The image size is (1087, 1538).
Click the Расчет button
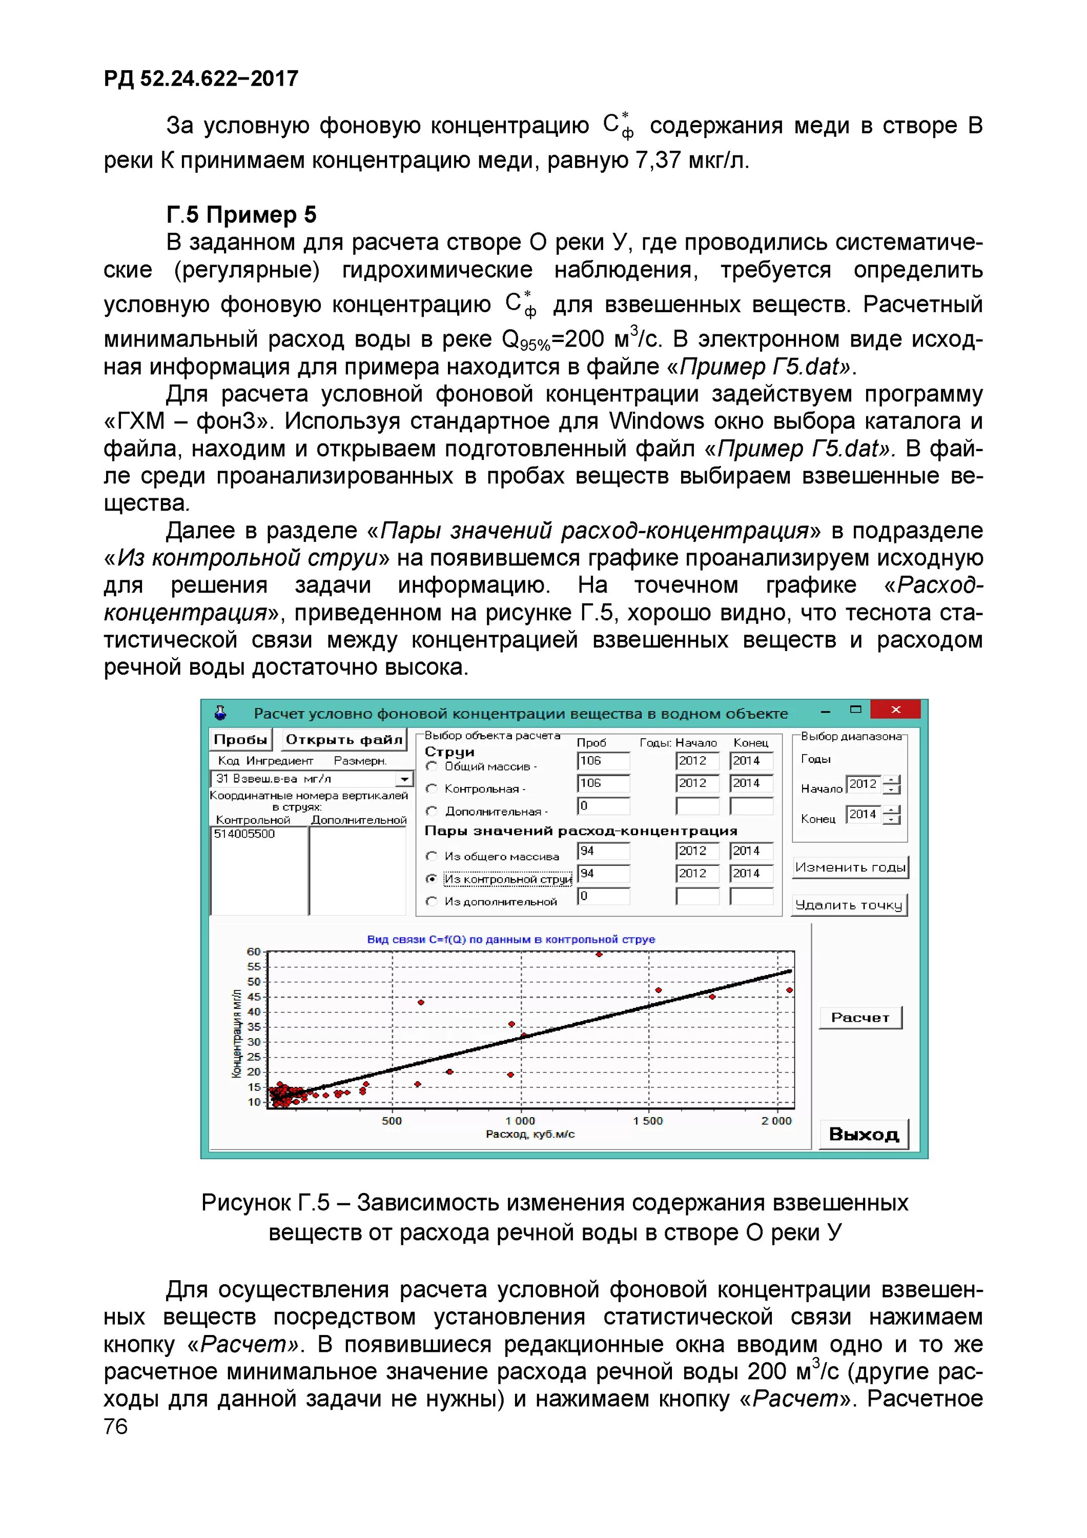pyautogui.click(x=860, y=1018)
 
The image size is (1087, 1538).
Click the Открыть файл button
pyautogui.click(x=343, y=740)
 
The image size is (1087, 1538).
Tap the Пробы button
pyautogui.click(x=240, y=740)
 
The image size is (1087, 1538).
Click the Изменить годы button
pyautogui.click(x=850, y=867)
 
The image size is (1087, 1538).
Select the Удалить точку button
pyautogui.click(x=849, y=905)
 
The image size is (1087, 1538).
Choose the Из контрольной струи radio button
pyautogui.click(x=432, y=879)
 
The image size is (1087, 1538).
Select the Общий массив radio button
pyautogui.click(x=432, y=766)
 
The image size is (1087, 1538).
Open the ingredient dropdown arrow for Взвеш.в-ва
pyautogui.click(x=404, y=779)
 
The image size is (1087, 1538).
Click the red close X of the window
pyautogui.click(x=895, y=710)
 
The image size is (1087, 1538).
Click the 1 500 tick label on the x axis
pyautogui.click(x=648, y=1121)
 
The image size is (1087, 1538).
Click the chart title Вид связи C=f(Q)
pyautogui.click(x=510, y=939)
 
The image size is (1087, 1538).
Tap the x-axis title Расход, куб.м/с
pyautogui.click(x=530, y=1134)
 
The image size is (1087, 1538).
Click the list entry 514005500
pyautogui.click(x=244, y=834)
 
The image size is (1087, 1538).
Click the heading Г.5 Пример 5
pyautogui.click(x=241, y=214)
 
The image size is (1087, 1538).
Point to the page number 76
pyautogui.click(x=115, y=1426)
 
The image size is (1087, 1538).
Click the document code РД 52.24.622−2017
pyautogui.click(x=201, y=79)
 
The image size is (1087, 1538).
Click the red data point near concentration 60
pyautogui.click(x=599, y=954)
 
